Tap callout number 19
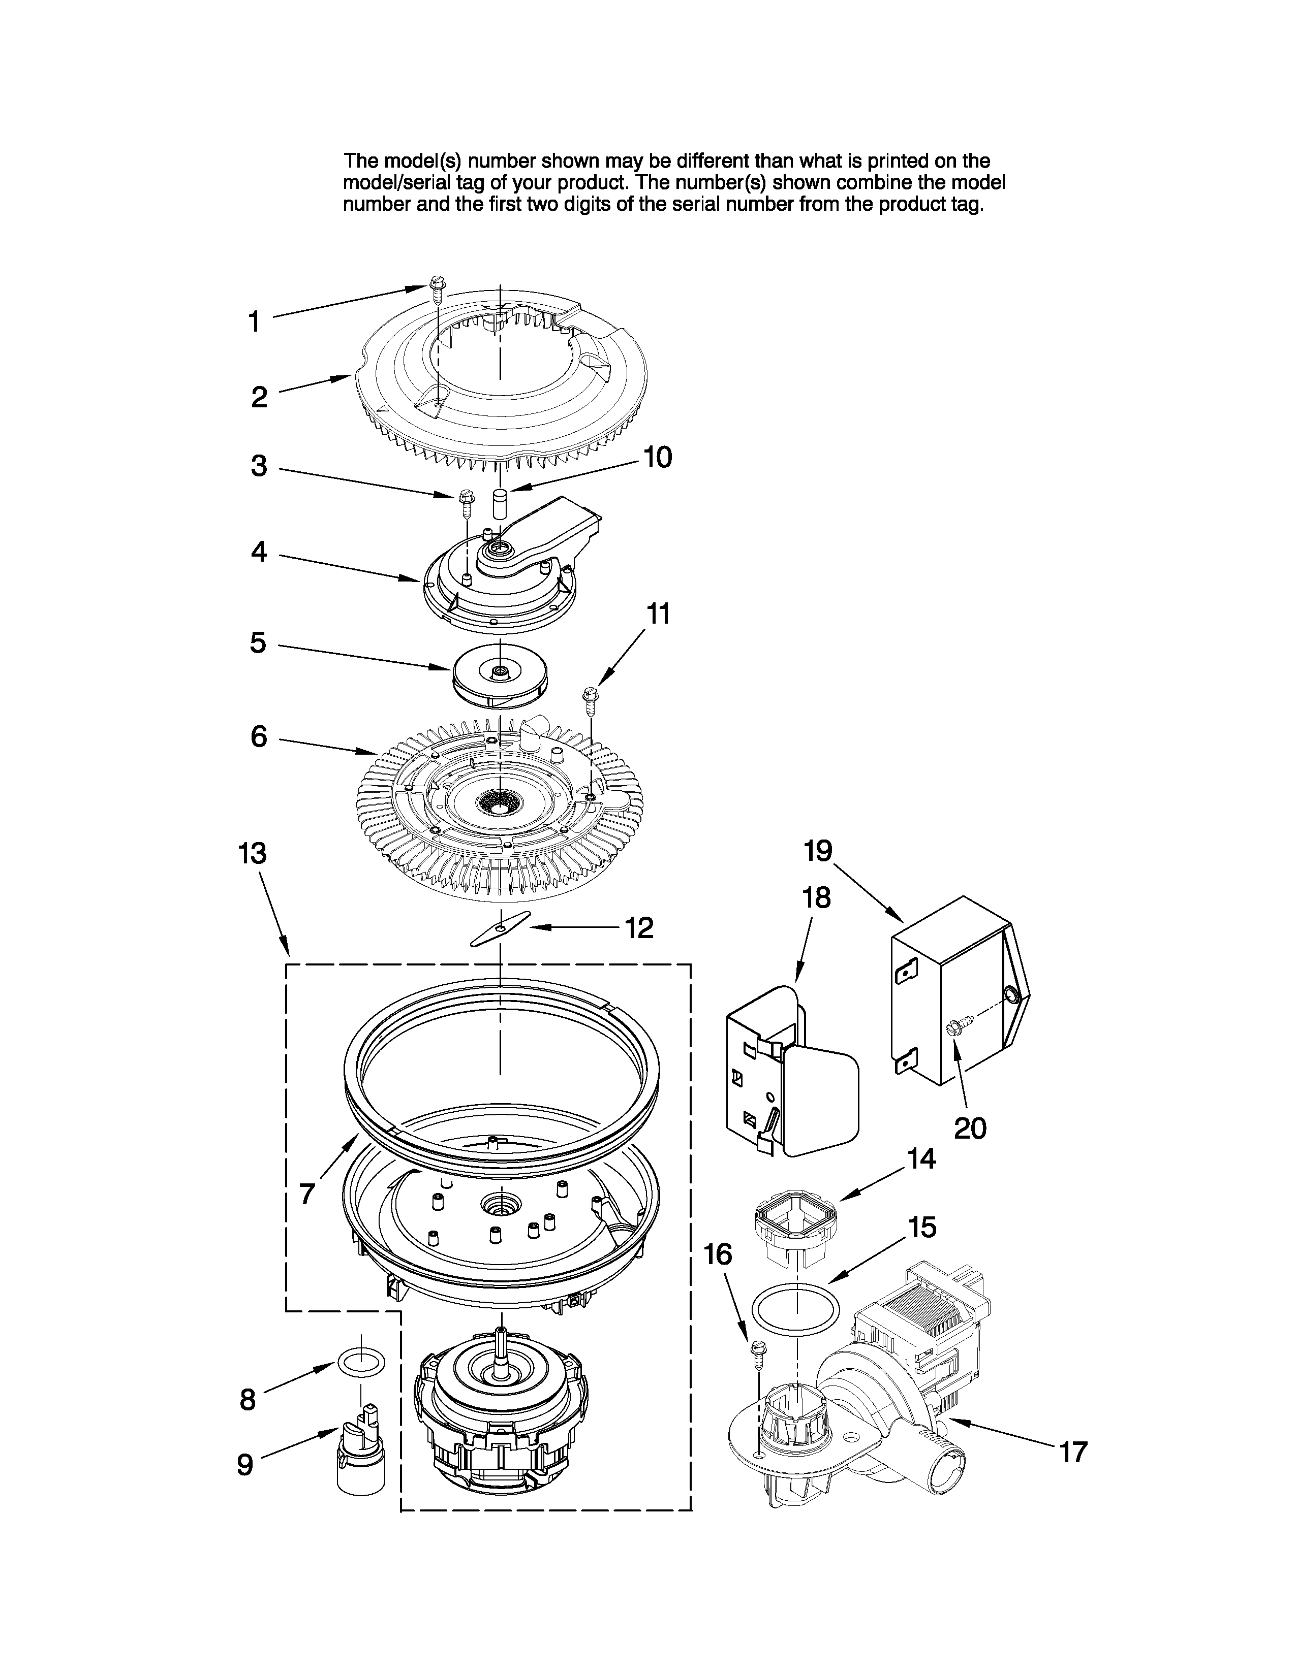(818, 850)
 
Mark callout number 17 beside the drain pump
(1073, 1452)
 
